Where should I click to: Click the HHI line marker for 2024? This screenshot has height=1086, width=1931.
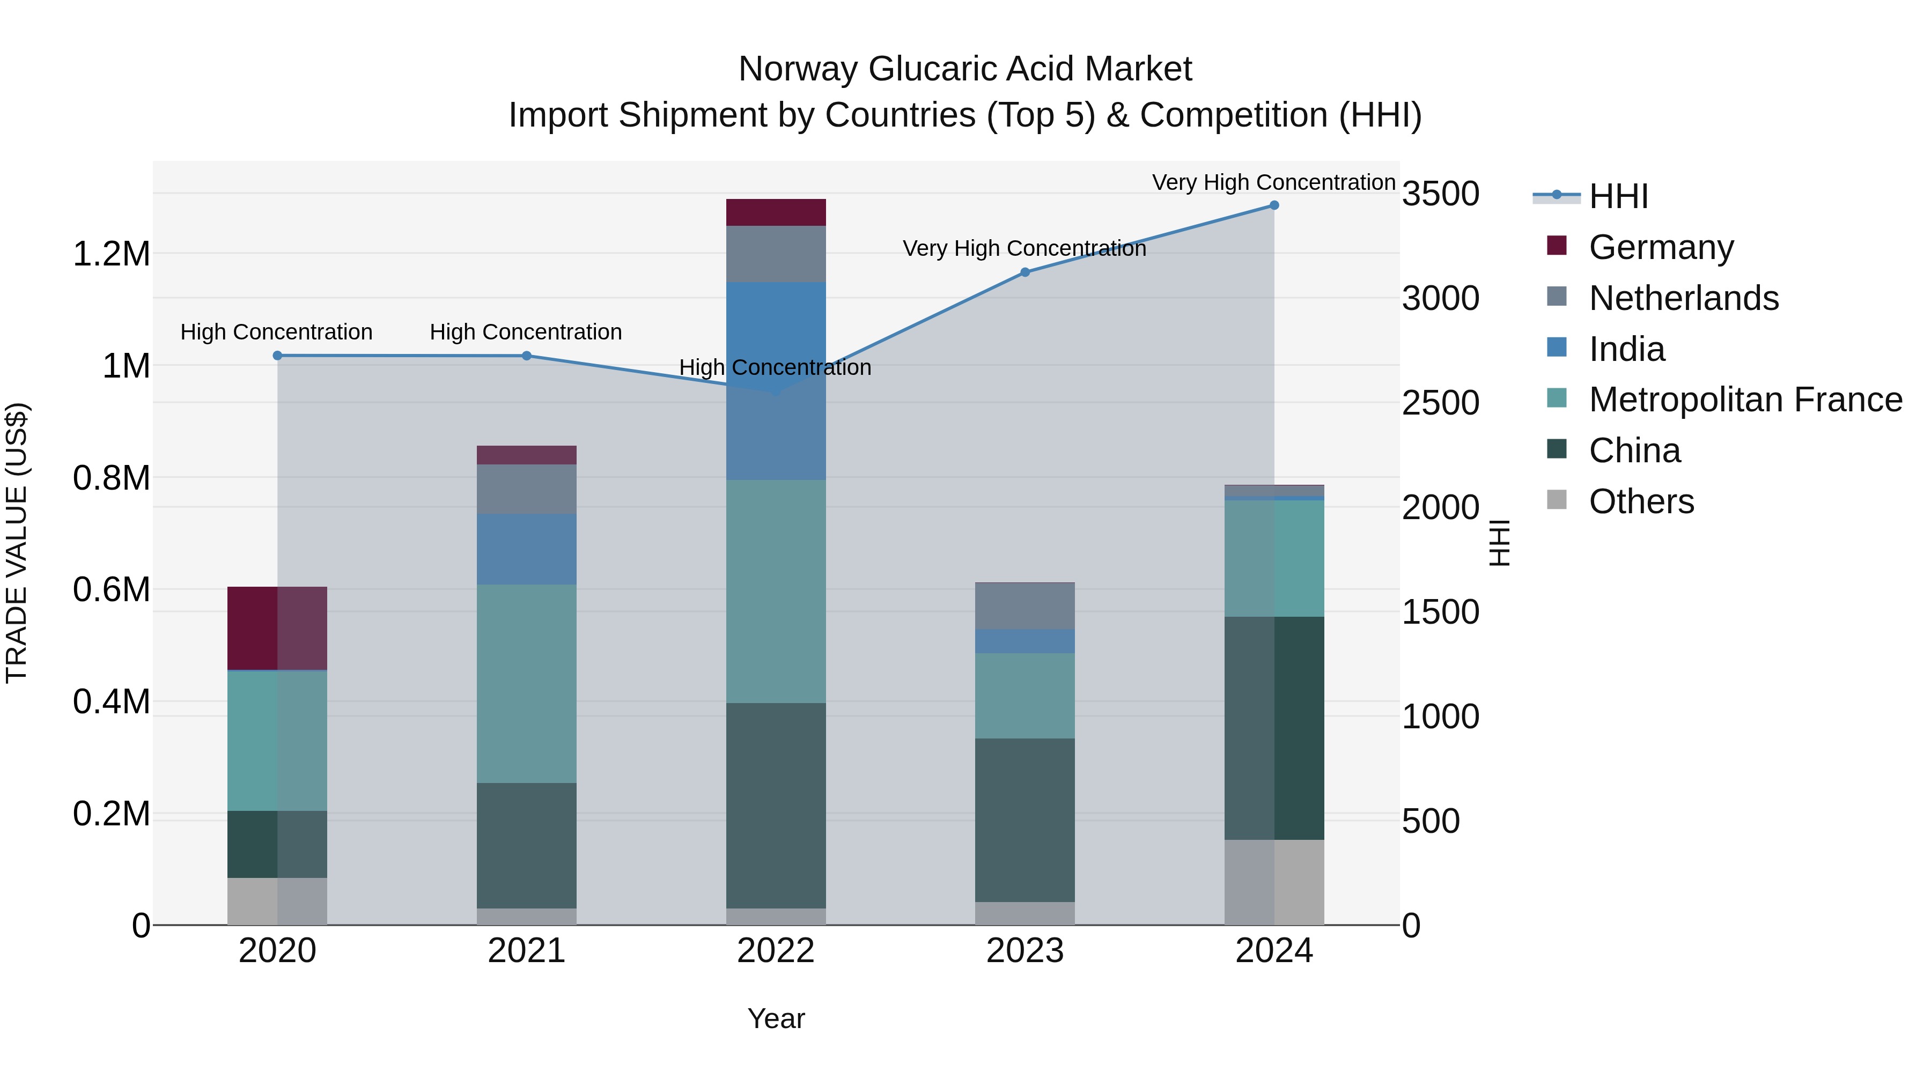1273,205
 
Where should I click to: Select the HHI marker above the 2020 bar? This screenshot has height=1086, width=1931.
277,355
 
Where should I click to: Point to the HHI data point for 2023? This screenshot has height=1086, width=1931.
1025,272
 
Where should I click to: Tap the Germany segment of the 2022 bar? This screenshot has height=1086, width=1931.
776,212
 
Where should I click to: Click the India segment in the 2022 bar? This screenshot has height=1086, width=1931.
776,337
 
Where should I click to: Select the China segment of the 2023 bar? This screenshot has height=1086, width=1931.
1025,820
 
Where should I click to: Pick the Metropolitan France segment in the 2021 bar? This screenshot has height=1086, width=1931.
526,684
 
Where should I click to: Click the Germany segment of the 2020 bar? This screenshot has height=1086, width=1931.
277,628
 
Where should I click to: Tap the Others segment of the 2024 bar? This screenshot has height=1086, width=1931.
1273,882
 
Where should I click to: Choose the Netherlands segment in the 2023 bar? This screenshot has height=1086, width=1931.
1025,605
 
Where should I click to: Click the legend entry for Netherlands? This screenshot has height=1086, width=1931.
1683,298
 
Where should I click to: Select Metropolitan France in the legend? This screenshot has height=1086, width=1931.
1744,400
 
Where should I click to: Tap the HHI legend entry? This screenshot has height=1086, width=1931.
1618,196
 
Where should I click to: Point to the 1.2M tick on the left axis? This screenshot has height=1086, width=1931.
111,254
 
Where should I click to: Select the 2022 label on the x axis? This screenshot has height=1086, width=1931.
776,951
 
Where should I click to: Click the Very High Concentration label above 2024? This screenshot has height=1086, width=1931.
1273,182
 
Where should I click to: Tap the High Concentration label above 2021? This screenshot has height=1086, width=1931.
526,332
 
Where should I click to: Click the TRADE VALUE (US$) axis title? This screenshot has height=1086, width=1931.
17,543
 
